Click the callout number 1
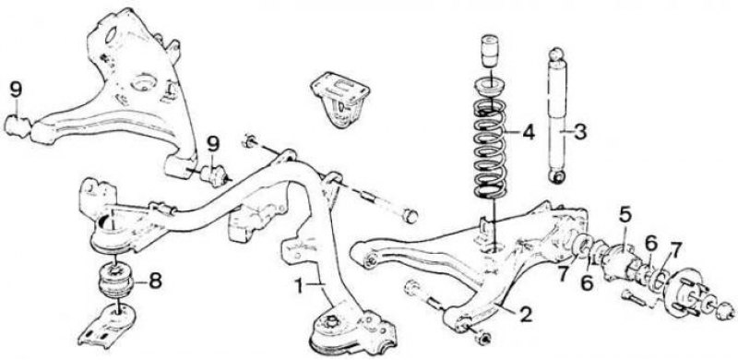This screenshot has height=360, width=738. pyautogui.click(x=299, y=285)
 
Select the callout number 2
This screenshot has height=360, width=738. pyautogui.click(x=525, y=314)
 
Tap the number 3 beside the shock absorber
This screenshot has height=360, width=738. pyautogui.click(x=580, y=132)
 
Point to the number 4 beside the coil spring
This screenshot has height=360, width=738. pyautogui.click(x=529, y=132)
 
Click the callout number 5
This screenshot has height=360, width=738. pyautogui.click(x=625, y=215)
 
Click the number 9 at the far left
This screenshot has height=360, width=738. pyautogui.click(x=16, y=90)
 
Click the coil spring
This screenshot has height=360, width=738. pyautogui.click(x=490, y=149)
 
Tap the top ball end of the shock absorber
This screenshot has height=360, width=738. pyautogui.click(x=557, y=54)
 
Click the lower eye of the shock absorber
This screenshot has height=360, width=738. pyautogui.click(x=558, y=177)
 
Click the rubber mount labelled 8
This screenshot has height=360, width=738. pyautogui.click(x=116, y=281)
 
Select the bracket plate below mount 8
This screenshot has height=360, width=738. pyautogui.click(x=107, y=326)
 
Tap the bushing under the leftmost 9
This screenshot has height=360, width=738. pyautogui.click(x=18, y=127)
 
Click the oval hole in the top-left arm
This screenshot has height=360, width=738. pyautogui.click(x=112, y=35)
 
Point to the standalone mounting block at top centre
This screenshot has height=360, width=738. pyautogui.click(x=339, y=100)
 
